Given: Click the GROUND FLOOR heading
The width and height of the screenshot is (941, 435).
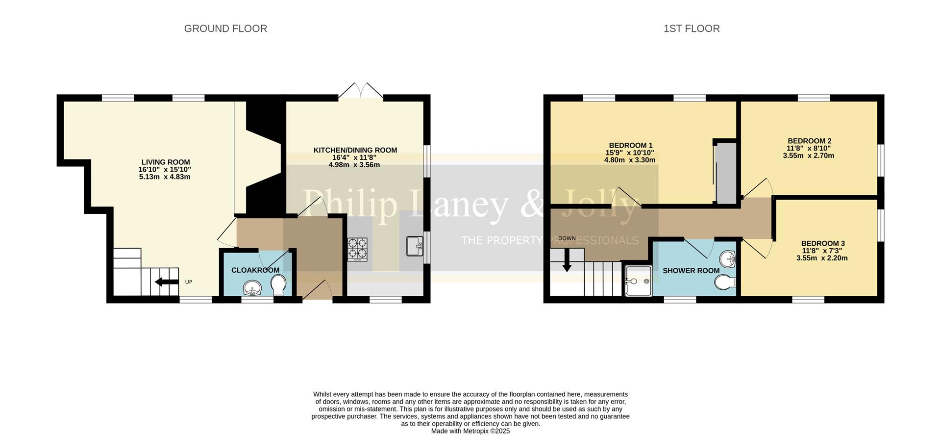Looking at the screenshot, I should [x=225, y=29].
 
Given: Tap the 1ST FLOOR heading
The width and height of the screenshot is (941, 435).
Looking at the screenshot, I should [x=692, y=29].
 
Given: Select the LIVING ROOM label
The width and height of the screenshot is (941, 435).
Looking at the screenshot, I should [x=166, y=162].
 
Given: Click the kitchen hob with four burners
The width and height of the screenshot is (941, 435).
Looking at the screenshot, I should [x=357, y=249].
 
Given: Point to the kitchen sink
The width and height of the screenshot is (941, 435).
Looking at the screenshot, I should [x=415, y=246].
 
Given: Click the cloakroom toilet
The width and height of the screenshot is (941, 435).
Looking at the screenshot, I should [x=278, y=285].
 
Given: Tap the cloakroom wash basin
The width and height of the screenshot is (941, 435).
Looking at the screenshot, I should [x=252, y=288].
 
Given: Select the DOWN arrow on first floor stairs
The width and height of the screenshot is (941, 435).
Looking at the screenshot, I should [x=567, y=260].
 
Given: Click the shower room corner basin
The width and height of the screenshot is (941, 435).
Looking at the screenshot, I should [x=728, y=259].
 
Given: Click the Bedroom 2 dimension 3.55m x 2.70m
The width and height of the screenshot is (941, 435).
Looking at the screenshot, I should [x=809, y=156].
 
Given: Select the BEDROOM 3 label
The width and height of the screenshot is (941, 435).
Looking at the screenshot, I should [x=823, y=244].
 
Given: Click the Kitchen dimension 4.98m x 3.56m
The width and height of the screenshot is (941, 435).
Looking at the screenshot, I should [x=354, y=165].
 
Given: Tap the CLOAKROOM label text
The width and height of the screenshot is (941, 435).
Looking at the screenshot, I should [x=255, y=270].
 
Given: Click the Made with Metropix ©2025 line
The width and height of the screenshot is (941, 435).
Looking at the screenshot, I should [x=470, y=431].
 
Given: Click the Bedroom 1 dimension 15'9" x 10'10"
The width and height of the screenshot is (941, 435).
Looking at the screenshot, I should [x=630, y=153].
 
